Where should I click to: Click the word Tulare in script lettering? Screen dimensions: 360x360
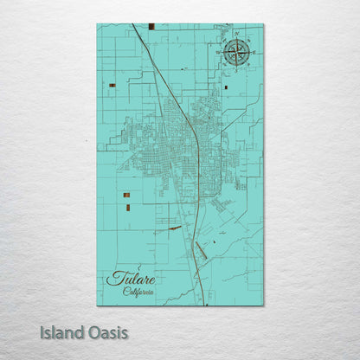(132, 280)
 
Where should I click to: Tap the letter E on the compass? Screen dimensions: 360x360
(253, 53)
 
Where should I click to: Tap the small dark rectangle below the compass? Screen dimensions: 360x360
(227, 87)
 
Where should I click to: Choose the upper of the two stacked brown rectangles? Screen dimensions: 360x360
(127, 196)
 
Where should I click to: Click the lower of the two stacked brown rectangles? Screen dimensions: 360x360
(127, 207)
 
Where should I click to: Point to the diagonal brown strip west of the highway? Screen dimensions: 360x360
(175, 228)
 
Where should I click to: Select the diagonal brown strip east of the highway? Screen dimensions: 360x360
(202, 252)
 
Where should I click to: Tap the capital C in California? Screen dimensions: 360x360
(125, 292)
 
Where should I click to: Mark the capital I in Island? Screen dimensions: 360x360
(42, 332)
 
